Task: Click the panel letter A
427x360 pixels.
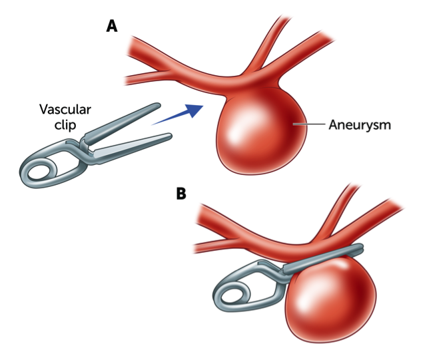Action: pos(113,26)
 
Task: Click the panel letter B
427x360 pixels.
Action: pos(181,194)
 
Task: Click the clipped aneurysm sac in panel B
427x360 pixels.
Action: pos(330,299)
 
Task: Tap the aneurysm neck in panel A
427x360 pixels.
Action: pos(256,90)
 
